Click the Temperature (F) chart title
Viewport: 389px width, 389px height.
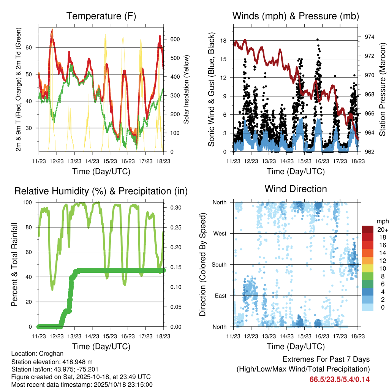click(101, 16)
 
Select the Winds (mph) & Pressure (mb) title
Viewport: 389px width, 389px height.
click(296, 16)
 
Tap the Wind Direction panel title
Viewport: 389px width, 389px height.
click(296, 189)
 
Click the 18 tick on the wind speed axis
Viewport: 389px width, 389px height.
click(223, 41)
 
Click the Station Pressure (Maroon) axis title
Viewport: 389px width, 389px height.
click(382, 89)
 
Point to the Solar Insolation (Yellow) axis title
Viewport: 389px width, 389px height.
click(187, 89)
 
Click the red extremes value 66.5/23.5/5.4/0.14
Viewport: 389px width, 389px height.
click(340, 379)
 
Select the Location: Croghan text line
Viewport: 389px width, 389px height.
click(37, 354)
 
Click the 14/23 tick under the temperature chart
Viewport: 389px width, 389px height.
click(92, 161)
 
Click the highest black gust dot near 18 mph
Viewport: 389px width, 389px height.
click(317, 39)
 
